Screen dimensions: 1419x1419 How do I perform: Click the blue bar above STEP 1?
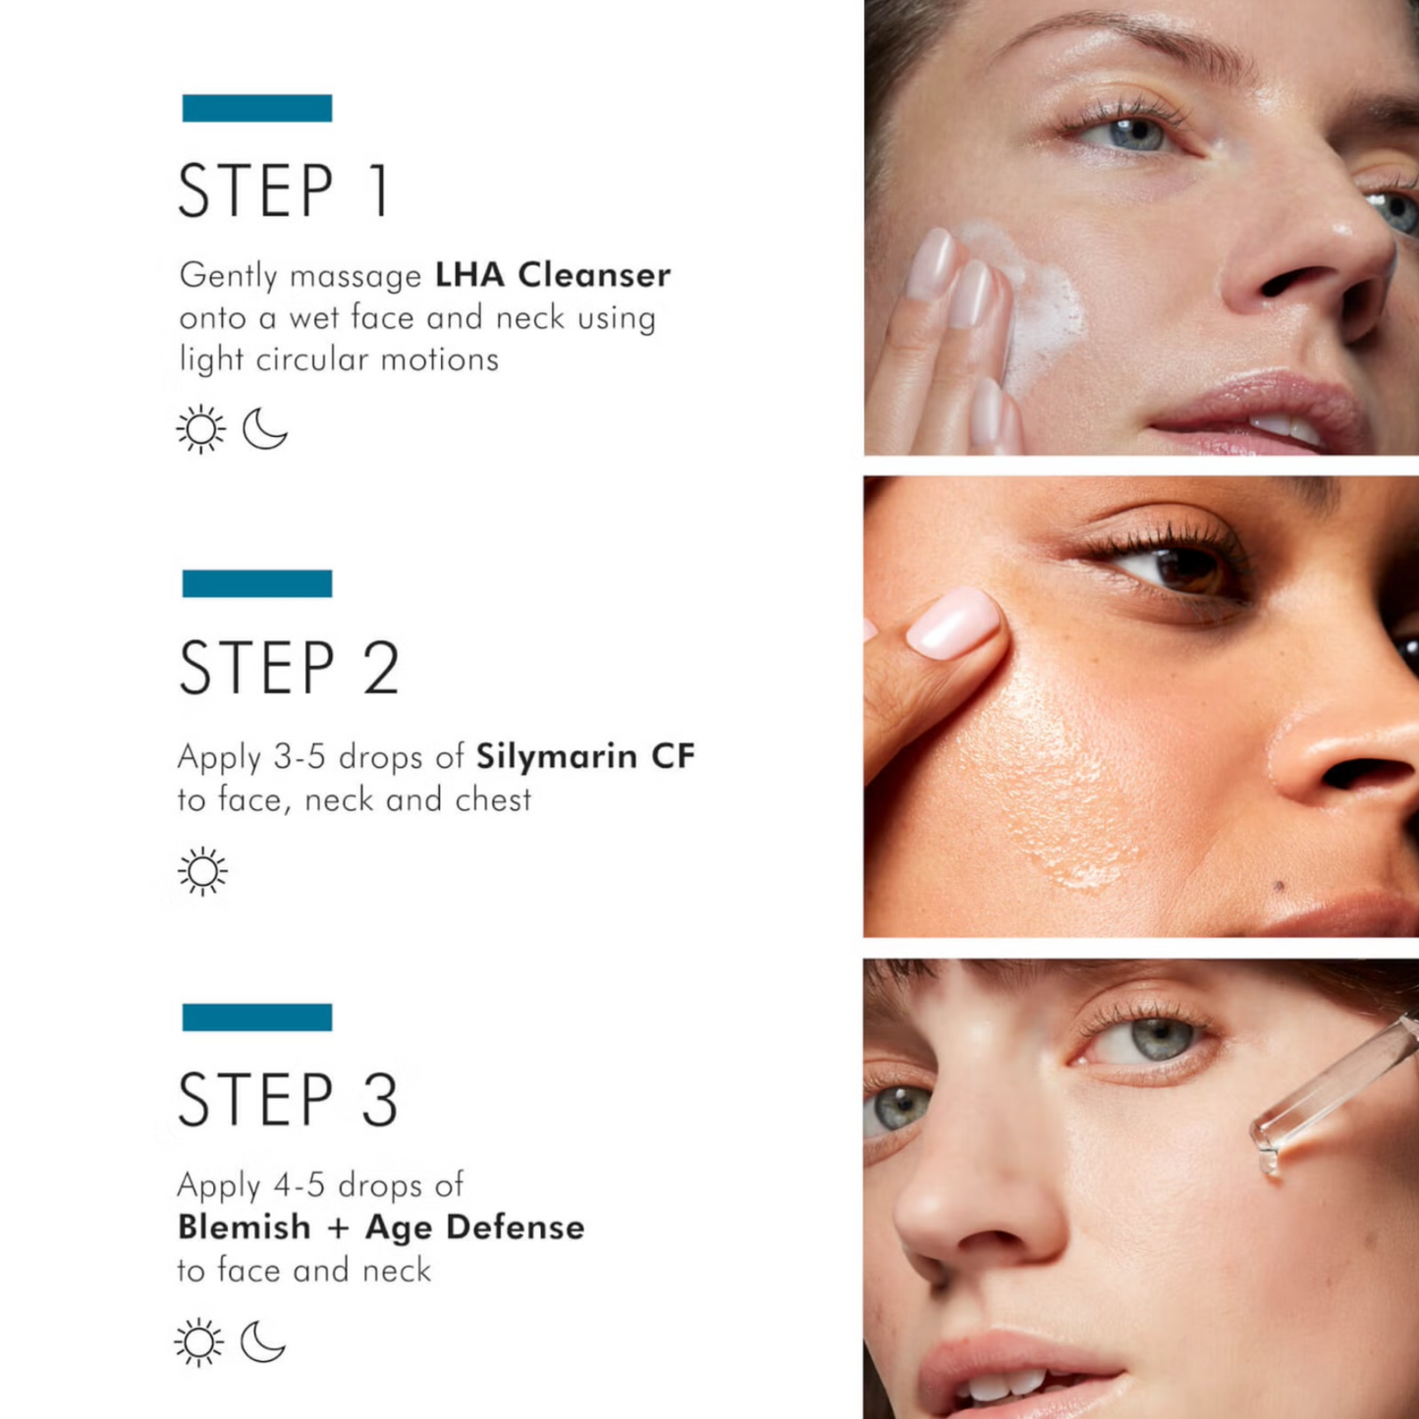(257, 108)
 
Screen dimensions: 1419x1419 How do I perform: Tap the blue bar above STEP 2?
(257, 583)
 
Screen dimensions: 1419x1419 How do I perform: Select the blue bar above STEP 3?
(257, 1017)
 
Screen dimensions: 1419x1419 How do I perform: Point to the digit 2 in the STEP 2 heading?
(381, 667)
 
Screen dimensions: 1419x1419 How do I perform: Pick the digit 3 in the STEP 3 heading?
(380, 1100)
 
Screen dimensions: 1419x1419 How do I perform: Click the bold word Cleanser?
(594, 275)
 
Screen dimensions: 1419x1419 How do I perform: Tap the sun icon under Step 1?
(200, 429)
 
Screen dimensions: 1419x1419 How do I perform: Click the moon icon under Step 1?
(264, 428)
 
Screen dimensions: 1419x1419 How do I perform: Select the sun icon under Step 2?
(202, 872)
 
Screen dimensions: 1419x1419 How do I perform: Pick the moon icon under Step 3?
(262, 1341)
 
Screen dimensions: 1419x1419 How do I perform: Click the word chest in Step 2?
(493, 799)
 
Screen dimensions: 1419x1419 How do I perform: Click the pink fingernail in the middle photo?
(953, 623)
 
